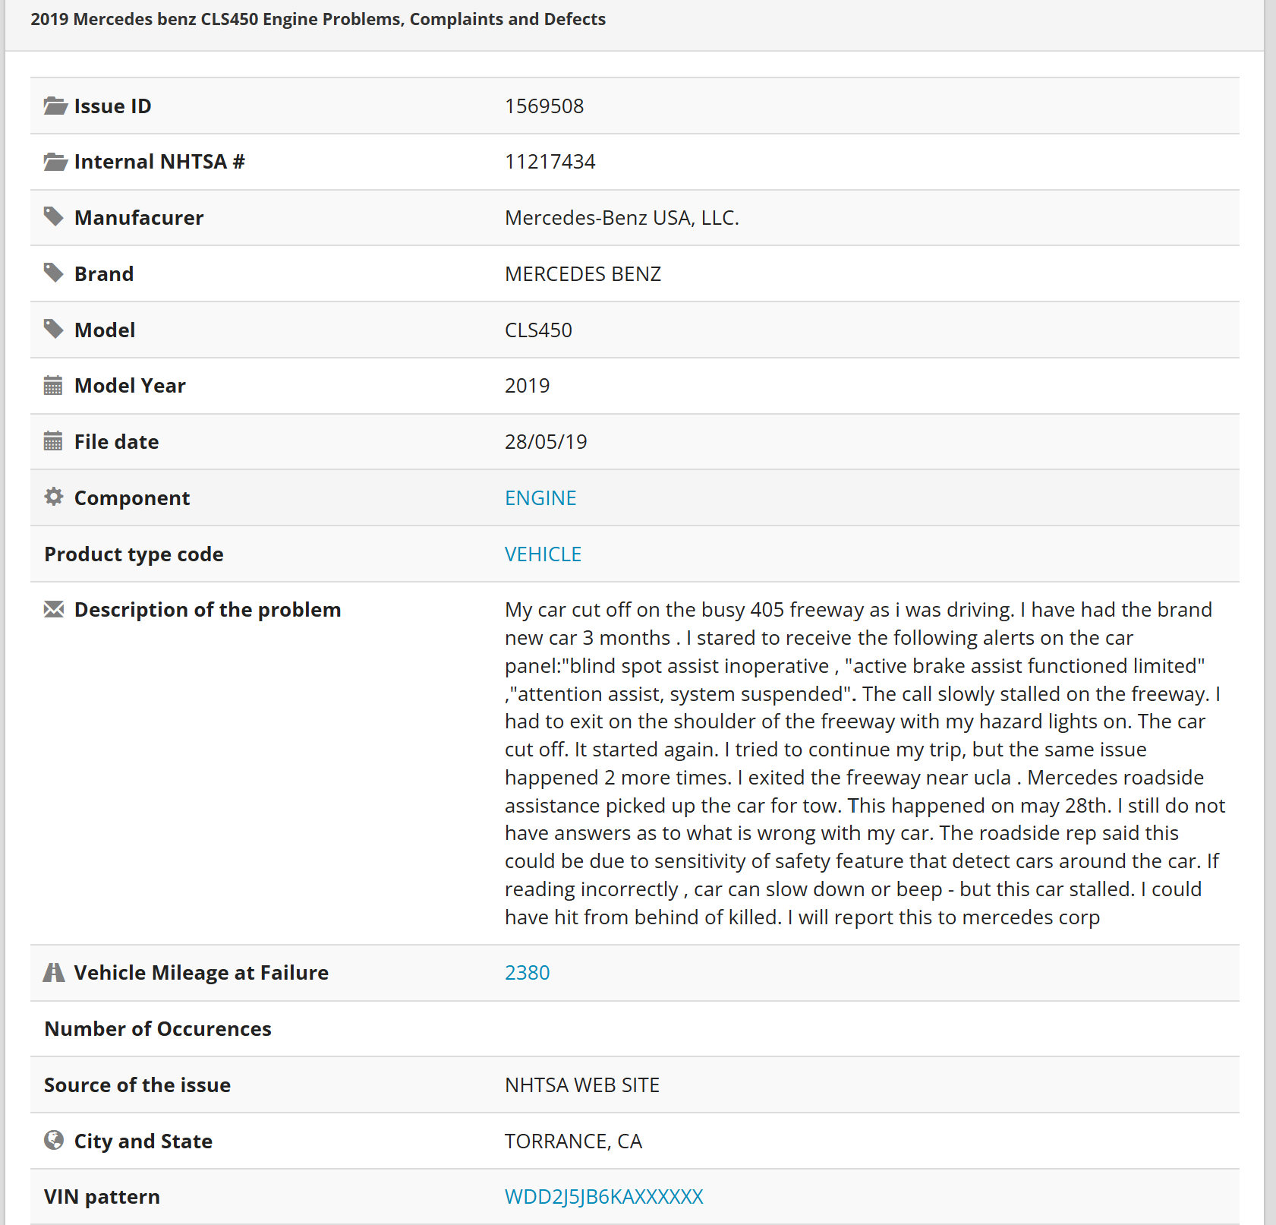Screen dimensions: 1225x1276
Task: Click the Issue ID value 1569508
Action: [x=544, y=106]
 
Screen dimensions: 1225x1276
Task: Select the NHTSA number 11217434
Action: [x=550, y=162]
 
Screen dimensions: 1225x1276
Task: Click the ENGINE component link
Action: [x=540, y=498]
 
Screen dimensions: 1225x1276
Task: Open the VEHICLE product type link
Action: [x=543, y=554]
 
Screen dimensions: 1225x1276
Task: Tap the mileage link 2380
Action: [x=527, y=973]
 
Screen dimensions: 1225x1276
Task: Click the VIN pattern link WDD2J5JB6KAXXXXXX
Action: [x=603, y=1197]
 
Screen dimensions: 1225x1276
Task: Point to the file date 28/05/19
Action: [x=546, y=442]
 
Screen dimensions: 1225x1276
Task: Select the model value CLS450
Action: [x=538, y=330]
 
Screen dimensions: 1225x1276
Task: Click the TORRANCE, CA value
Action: [x=573, y=1141]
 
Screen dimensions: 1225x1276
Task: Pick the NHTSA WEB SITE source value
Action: [x=581, y=1085]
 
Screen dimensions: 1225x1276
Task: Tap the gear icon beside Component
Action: [x=54, y=497]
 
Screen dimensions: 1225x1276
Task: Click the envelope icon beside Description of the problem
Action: [x=54, y=609]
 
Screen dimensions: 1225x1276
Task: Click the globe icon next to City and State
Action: [x=54, y=1140]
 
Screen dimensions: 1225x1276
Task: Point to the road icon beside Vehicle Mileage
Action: [x=54, y=972]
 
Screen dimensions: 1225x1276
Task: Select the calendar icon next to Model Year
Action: [x=53, y=386]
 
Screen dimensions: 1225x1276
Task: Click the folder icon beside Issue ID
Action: [x=55, y=106]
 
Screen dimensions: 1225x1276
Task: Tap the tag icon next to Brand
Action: [x=53, y=273]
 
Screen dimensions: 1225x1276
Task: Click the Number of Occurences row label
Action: [x=158, y=1029]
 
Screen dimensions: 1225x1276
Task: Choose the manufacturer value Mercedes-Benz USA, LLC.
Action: [x=622, y=218]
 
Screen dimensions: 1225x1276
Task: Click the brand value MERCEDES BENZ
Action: [x=582, y=274]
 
